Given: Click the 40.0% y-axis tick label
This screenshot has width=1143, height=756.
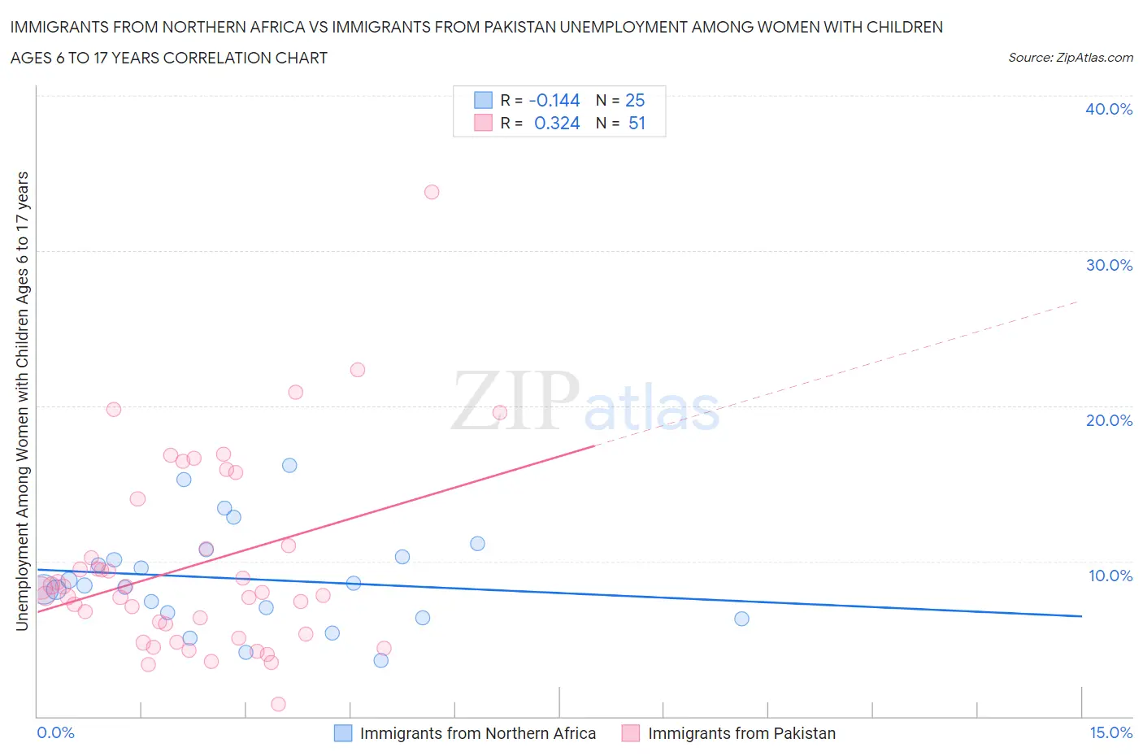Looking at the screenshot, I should coord(1108,109).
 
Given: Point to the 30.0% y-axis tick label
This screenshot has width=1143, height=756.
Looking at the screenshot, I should coord(1108,265).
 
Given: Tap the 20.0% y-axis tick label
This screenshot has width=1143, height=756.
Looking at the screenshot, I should coord(1108,420).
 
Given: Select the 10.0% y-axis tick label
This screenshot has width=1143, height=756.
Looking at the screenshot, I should coord(1110,576).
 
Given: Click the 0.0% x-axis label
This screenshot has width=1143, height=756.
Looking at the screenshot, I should coord(55,732).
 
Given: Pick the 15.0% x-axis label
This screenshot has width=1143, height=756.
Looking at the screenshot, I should coord(1110,732).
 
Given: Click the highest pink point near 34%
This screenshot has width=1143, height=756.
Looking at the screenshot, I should coord(432,192).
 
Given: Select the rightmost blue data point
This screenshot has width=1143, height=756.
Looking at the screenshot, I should coord(741,619).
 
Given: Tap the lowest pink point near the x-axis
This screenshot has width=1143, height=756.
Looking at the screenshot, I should coord(278,704).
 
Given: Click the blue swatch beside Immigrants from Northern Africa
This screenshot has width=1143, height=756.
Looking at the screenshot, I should coord(343,733).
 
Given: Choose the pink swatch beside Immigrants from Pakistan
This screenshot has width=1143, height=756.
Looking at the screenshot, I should coord(630,733).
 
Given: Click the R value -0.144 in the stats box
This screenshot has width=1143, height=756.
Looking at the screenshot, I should coord(554,100).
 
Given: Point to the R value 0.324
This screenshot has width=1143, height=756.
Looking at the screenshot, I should coord(557,123).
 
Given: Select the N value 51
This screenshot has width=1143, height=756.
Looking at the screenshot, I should coord(637,123).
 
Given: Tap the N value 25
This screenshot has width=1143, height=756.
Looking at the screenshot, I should coord(635,100).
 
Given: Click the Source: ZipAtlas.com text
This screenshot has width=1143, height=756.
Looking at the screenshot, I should coord(1070,57).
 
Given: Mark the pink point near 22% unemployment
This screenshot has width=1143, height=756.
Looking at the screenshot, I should coord(358,370).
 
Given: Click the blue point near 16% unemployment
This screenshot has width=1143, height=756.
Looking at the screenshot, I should coord(289,465).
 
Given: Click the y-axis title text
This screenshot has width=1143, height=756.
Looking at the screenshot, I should coord(22,401).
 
